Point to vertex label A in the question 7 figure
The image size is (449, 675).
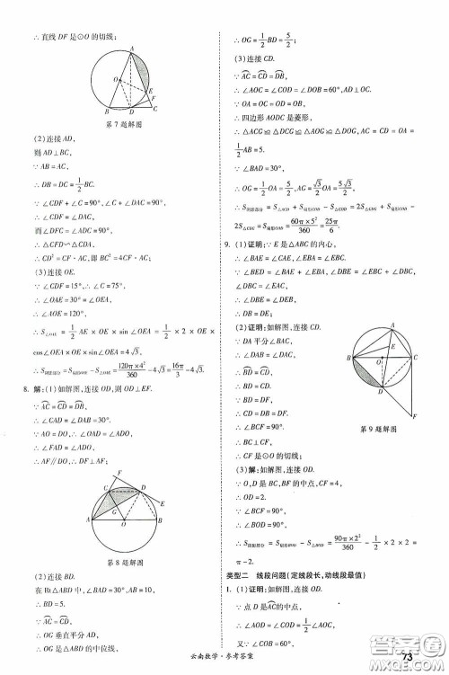[x=132, y=51]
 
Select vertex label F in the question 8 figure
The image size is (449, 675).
[x=120, y=473]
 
